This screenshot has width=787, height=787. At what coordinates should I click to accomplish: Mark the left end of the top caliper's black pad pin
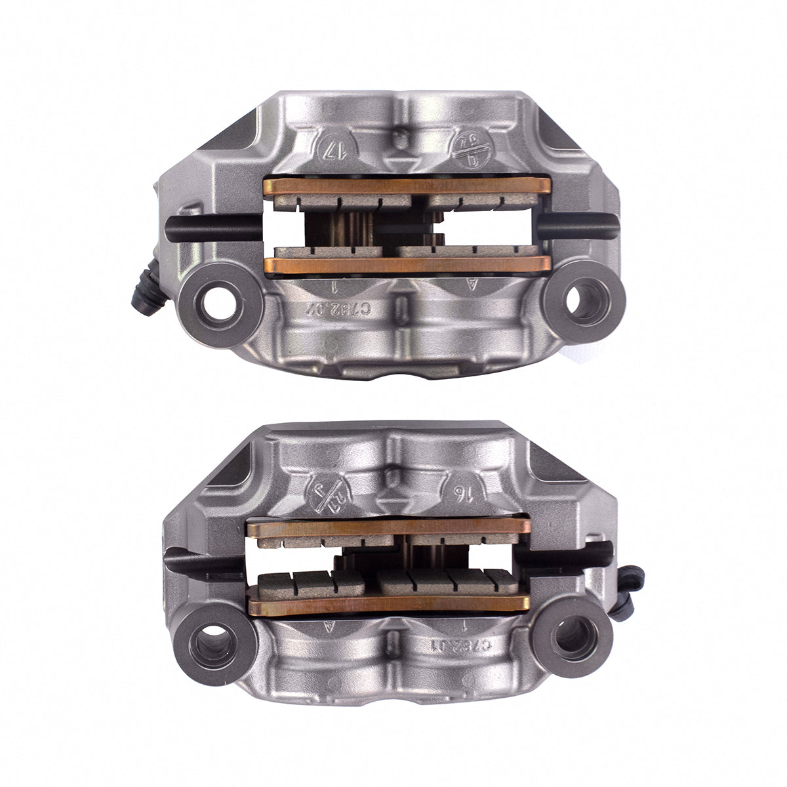point(172,230)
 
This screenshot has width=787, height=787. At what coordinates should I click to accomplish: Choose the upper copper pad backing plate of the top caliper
point(407,186)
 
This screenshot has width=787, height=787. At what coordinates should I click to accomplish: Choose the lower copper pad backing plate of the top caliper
point(407,265)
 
